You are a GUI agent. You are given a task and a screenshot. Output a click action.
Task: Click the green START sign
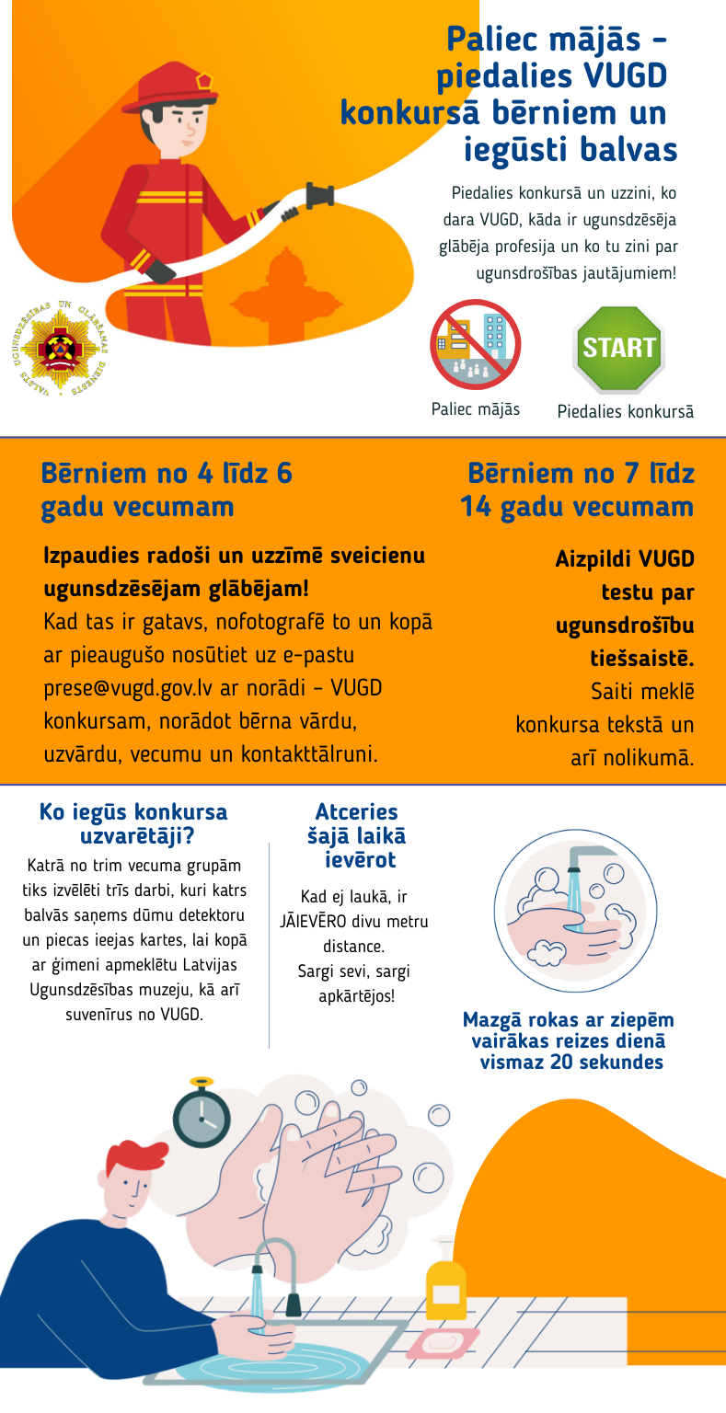pos(618,349)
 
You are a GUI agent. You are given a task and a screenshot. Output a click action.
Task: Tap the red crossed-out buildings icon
pos(475,344)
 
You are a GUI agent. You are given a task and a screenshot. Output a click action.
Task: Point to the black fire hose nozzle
pos(318,197)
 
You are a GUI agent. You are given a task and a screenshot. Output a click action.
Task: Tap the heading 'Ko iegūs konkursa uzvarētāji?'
pos(133,823)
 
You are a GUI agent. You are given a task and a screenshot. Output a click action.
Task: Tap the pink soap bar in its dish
pos(442,1342)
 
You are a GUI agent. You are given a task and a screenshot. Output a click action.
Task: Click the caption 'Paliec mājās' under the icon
pos(475,409)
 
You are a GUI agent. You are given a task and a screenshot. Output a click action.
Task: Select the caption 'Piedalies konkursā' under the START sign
pos(626,411)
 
